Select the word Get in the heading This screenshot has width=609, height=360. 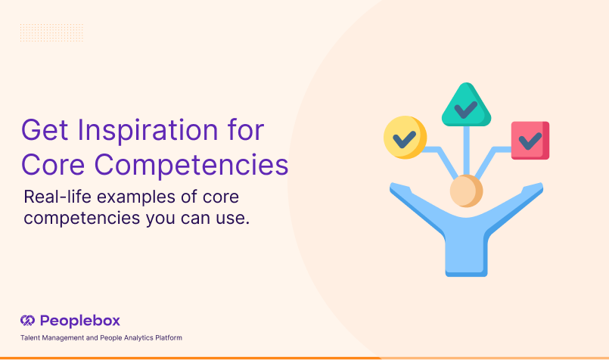[x=43, y=130]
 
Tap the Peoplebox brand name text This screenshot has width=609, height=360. [x=80, y=320]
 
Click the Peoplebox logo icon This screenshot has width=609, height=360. [x=28, y=320]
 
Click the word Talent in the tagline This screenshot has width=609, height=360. [x=30, y=337]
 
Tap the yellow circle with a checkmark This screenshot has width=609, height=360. [x=405, y=138]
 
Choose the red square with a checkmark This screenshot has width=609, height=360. [x=530, y=140]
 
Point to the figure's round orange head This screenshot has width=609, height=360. [x=466, y=191]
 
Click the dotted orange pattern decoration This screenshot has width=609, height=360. [x=51, y=33]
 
